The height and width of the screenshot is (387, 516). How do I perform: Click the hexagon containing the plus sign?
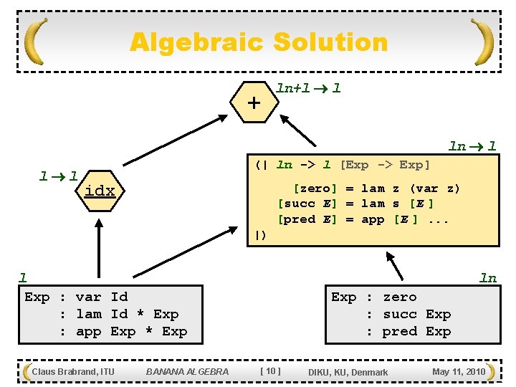(x=254, y=103)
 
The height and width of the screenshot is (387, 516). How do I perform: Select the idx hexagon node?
(x=99, y=191)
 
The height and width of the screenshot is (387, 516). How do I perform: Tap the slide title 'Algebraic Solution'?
(x=258, y=42)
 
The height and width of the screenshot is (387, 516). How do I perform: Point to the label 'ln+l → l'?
(x=308, y=88)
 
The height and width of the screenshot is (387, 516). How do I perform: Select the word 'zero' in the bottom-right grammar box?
(x=400, y=297)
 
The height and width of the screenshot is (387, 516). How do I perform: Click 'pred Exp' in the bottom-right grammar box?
(x=416, y=331)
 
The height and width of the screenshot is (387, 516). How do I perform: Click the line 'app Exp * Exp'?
(x=131, y=331)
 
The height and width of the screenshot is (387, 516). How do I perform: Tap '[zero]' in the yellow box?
(x=315, y=188)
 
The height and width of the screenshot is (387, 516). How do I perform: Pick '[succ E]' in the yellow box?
(x=307, y=204)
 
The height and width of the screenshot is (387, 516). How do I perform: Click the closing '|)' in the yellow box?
(x=261, y=235)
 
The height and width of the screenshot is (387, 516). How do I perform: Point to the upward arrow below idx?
(x=98, y=244)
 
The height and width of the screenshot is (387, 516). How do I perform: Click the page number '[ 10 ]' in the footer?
(x=270, y=371)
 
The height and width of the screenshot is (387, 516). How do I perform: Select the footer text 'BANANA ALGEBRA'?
(x=187, y=371)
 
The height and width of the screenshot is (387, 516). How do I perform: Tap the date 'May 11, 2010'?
(x=459, y=371)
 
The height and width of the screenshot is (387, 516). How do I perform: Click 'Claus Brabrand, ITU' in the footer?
(x=73, y=371)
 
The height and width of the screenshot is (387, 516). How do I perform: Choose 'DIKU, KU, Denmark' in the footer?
(x=348, y=372)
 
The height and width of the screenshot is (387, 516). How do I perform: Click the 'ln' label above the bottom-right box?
(x=488, y=278)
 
